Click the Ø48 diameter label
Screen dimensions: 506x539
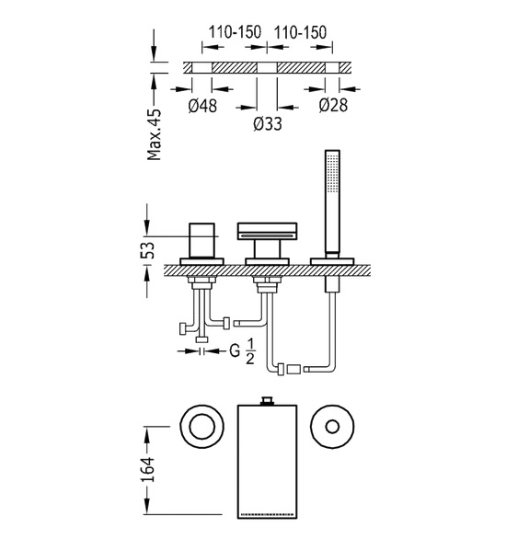[202, 105]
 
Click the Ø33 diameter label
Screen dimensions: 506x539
[268, 124]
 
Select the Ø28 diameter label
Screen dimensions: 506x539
[333, 105]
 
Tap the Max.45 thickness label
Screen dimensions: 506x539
[154, 134]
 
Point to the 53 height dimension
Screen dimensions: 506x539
[147, 250]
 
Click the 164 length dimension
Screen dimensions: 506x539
[147, 469]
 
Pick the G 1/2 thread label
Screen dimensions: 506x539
[242, 351]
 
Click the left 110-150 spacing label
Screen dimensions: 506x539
[236, 32]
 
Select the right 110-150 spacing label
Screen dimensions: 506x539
[300, 32]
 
